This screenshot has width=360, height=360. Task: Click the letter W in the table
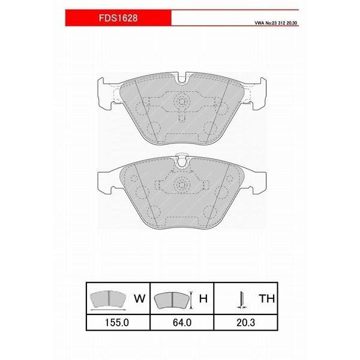pos(138,297)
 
